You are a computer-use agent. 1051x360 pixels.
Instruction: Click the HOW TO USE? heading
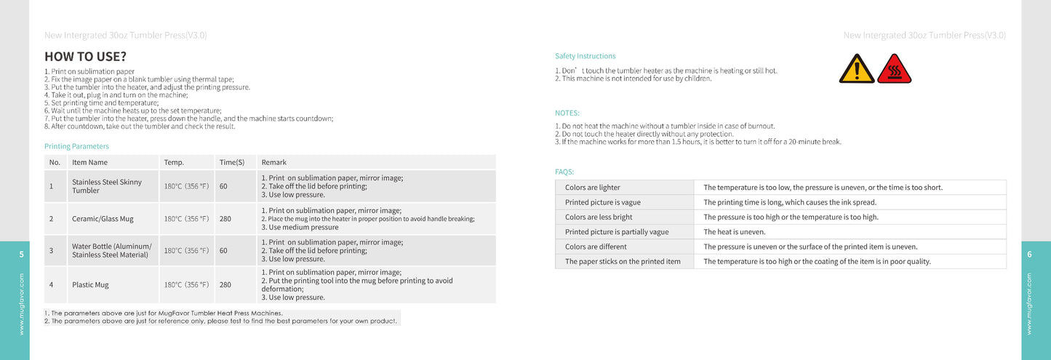[85, 57]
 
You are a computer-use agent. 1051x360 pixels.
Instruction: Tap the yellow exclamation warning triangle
[857, 69]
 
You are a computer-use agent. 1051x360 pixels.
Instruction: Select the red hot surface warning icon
[894, 69]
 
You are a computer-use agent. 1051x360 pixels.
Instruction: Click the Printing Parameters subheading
[76, 146]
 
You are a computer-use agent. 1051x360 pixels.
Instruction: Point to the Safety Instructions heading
[585, 56]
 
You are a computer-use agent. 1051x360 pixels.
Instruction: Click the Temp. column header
[174, 162]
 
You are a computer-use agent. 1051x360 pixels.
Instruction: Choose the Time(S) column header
[231, 162]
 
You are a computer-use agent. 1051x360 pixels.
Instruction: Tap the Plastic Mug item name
[90, 284]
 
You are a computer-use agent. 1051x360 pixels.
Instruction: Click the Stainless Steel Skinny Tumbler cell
[106, 186]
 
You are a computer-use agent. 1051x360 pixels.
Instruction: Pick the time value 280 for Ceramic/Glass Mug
[225, 218]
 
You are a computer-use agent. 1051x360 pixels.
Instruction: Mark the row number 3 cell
[52, 250]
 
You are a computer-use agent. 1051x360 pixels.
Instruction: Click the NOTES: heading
[567, 113]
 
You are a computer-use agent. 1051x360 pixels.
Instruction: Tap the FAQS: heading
[564, 172]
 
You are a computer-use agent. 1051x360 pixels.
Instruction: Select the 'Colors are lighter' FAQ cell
[592, 188]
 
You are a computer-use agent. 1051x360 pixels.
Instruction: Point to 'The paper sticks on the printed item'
[623, 262]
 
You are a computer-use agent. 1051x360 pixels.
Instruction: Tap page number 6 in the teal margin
[1029, 254]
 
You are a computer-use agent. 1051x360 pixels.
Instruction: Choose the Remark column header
[273, 162]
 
